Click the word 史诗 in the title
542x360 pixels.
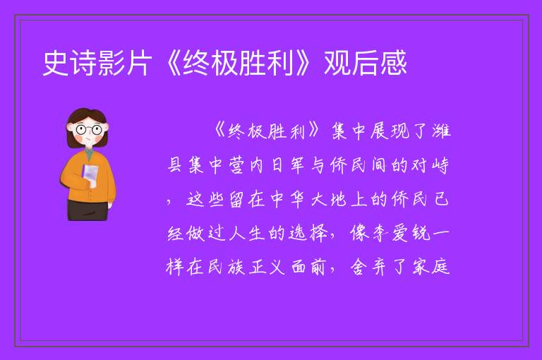point(70,63)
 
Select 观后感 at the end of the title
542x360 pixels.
point(365,63)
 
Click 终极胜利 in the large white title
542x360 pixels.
point(238,63)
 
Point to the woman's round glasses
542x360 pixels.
point(88,130)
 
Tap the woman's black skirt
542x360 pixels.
point(88,210)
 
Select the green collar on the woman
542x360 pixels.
point(89,153)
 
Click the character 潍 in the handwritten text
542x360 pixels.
point(440,132)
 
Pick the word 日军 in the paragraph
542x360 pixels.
point(288,165)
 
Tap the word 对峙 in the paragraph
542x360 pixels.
point(430,165)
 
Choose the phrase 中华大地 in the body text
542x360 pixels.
point(308,200)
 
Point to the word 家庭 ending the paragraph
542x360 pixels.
point(430,268)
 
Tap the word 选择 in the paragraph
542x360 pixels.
point(308,234)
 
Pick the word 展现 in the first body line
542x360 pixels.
point(390,132)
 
